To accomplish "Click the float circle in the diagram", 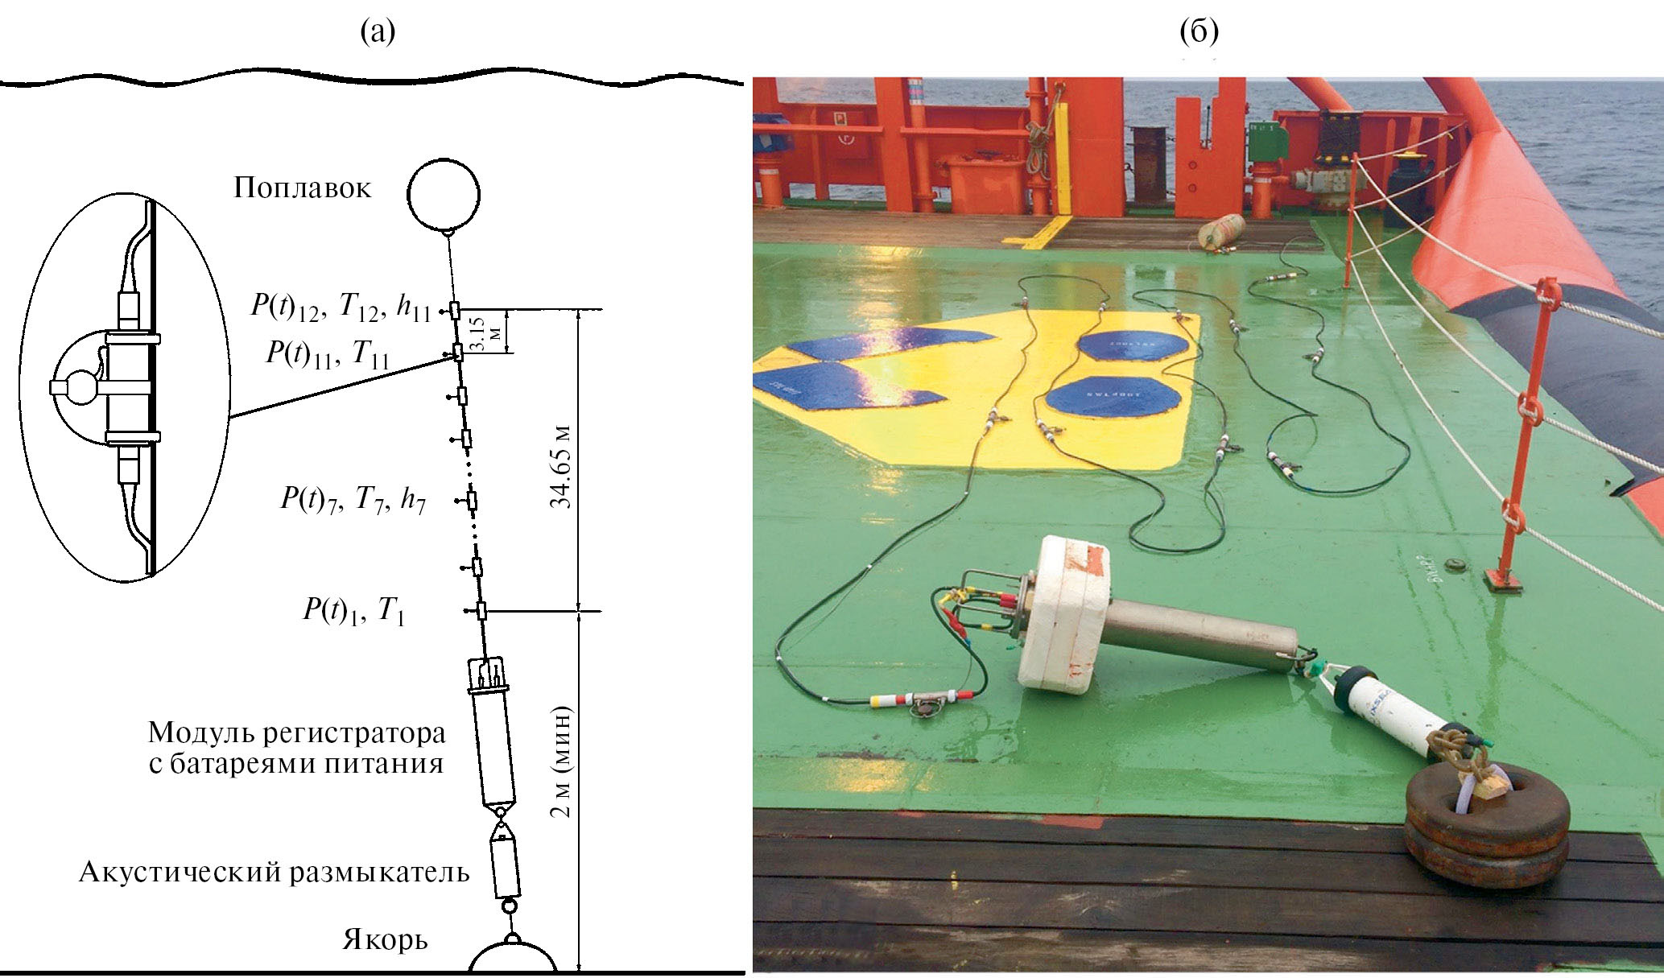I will click(x=444, y=194).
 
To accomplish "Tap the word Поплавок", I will click(x=303, y=188).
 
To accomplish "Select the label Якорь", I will click(x=385, y=940).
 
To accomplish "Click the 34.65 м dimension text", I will click(x=561, y=466).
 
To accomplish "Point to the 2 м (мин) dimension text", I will click(x=561, y=761).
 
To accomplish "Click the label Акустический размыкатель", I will click(x=274, y=873).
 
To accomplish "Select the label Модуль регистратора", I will click(x=296, y=732).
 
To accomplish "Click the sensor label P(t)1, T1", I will click(x=353, y=610).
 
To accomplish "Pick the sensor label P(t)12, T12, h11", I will click(x=341, y=307).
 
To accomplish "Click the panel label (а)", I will click(x=378, y=31).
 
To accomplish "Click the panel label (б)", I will click(x=1199, y=31).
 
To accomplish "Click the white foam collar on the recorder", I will click(x=1062, y=613).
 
